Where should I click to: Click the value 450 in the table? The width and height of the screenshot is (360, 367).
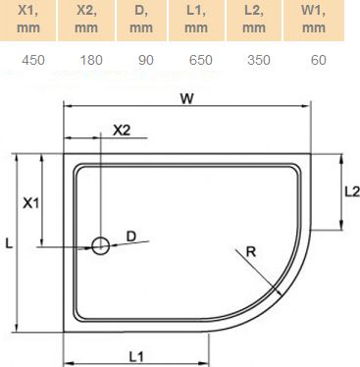coord(33,61)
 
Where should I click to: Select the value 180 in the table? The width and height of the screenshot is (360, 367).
coord(90,61)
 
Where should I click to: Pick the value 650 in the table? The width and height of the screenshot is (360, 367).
coord(200,61)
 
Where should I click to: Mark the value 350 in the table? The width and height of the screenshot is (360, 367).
coord(256,61)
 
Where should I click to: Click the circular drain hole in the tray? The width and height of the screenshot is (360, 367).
coord(100,245)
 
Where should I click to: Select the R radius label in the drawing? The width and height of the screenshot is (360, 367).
coord(251,252)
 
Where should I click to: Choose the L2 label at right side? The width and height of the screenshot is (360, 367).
coord(350,193)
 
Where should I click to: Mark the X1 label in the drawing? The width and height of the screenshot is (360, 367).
coord(30,203)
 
